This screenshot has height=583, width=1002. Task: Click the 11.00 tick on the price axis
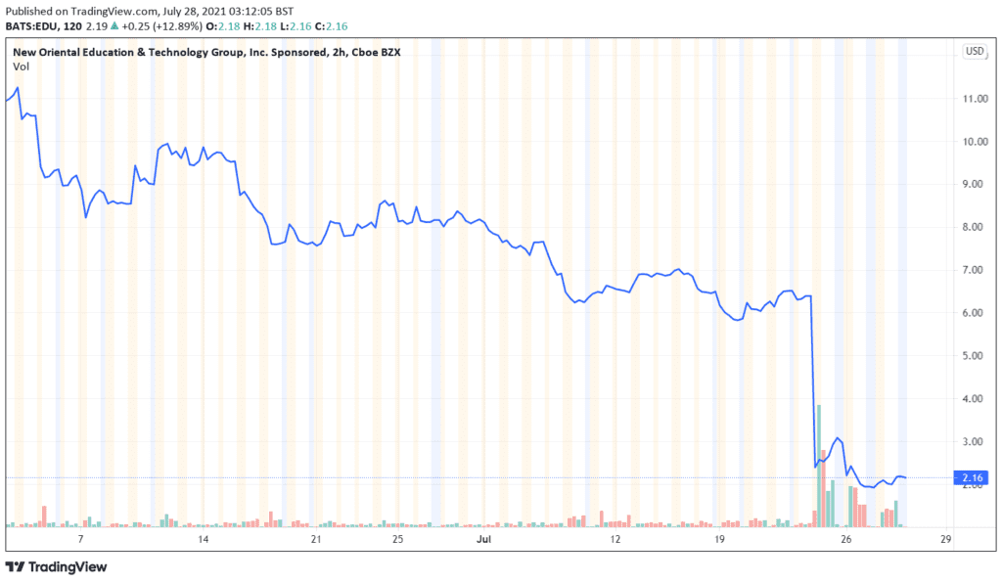tap(974, 99)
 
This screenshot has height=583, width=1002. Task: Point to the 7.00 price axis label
tap(974, 270)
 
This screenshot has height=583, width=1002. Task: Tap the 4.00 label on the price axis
tap(974, 399)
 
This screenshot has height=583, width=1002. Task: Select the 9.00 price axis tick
tap(974, 184)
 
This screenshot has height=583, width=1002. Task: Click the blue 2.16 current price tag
tap(974, 477)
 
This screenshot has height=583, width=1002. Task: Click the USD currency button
tap(975, 51)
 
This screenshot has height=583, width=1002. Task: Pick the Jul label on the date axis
tap(483, 539)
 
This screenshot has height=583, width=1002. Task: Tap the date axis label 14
tap(204, 539)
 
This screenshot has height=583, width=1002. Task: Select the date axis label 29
tap(946, 539)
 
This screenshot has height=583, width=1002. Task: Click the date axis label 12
tap(615, 539)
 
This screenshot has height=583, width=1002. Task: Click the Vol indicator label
tap(21, 66)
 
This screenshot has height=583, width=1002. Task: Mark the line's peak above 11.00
tap(18, 88)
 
